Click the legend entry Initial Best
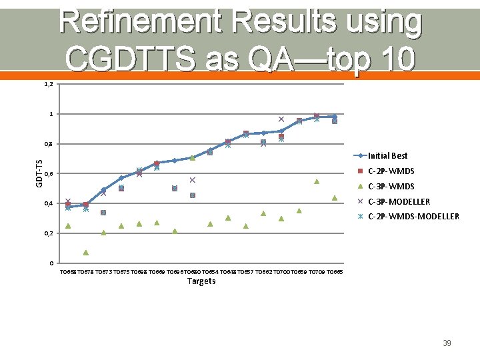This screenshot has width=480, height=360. click(387, 156)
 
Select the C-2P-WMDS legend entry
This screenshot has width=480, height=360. click(391, 171)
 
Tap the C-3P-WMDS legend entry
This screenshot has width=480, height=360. click(391, 187)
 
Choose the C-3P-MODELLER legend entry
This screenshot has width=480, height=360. click(399, 201)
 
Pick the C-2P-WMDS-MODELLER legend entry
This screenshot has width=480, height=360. click(413, 217)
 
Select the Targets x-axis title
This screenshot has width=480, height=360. click(201, 281)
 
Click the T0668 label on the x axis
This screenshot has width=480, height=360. click(68, 272)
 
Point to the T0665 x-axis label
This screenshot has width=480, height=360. click(335, 272)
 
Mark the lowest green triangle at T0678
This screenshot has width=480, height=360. click(86, 253)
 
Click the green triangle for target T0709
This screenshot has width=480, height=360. click(317, 181)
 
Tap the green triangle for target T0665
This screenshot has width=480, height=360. click(335, 198)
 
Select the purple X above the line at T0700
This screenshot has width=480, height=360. click(281, 119)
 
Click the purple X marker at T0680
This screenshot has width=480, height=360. click(192, 180)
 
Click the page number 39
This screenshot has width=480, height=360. click(447, 343)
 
